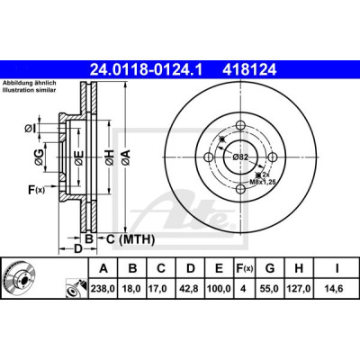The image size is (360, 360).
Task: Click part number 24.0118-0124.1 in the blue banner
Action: tap(147, 70)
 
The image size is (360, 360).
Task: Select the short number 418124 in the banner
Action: tap(248, 70)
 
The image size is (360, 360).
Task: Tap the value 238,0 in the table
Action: tap(103, 289)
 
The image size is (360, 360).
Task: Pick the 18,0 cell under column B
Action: tap(132, 289)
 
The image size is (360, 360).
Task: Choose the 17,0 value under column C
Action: tap(161, 289)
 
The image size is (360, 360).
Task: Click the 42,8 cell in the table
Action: tap(190, 289)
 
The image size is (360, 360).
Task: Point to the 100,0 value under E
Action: tap(219, 289)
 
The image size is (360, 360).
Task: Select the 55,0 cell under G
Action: tap(270, 289)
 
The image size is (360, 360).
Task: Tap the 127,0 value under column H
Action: tap(299, 289)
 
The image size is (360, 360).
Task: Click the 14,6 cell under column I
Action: tap(336, 289)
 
